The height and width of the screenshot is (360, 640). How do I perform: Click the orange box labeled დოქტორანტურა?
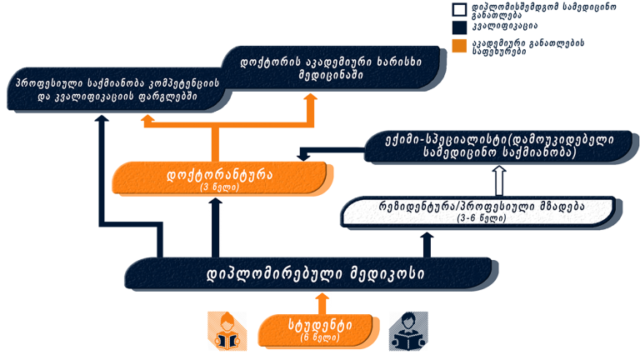[x=220, y=177]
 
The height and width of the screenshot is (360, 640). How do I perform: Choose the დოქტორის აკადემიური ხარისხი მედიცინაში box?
[x=331, y=67]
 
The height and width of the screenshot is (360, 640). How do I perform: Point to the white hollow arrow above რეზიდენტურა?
[x=499, y=180]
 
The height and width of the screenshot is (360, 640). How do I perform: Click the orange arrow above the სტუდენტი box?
[x=322, y=303]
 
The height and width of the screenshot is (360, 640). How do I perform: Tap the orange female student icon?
[x=227, y=331]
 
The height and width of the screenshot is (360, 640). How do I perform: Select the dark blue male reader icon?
[x=408, y=331]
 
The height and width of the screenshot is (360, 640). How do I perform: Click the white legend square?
[x=459, y=10]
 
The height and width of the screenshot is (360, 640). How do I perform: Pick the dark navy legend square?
[x=459, y=27]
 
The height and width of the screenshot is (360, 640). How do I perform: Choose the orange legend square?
[x=459, y=46]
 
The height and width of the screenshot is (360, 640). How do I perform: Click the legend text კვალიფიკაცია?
[x=504, y=27]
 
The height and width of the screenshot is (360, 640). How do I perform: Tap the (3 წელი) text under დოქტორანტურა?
[x=220, y=187]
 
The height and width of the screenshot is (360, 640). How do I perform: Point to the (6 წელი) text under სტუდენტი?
[x=320, y=338]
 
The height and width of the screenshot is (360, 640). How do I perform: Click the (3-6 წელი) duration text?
[x=482, y=218]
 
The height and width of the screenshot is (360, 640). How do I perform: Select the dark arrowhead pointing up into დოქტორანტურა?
[x=216, y=201]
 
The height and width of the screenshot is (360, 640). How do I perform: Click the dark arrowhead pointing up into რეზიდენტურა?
[x=427, y=236]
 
